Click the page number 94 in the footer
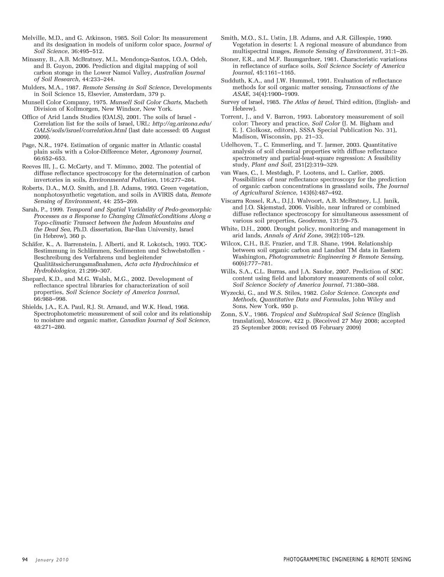point(25,560)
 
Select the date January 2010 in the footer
point(52,560)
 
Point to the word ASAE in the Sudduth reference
point(240,94)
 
